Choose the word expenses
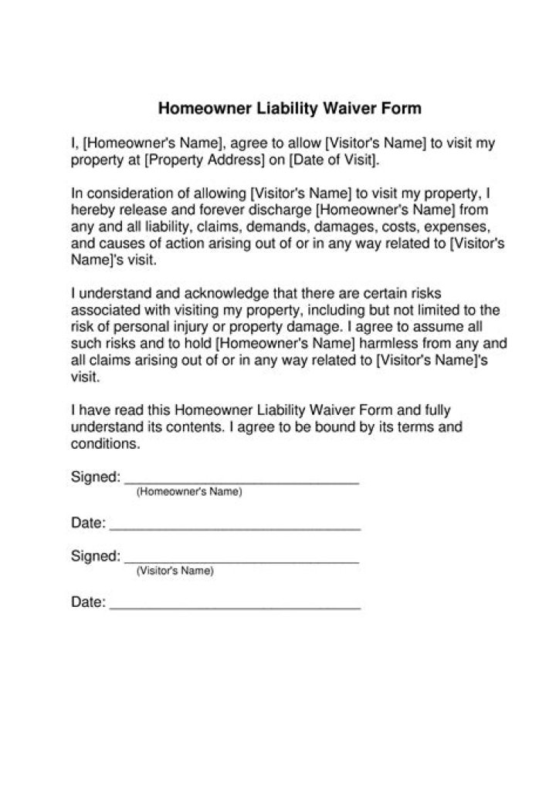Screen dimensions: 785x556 tap(456, 227)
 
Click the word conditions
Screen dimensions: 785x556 tap(104, 444)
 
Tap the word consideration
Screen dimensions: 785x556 tap(127, 193)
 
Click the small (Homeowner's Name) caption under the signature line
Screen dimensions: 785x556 tap(189, 492)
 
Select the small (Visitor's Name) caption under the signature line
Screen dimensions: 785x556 tap(175, 571)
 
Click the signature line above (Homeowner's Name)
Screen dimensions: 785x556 tap(242, 481)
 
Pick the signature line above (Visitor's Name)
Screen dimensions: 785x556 tap(242, 561)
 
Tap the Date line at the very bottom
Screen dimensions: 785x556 tap(236, 608)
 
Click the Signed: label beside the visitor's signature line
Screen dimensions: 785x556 tap(95, 556)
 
